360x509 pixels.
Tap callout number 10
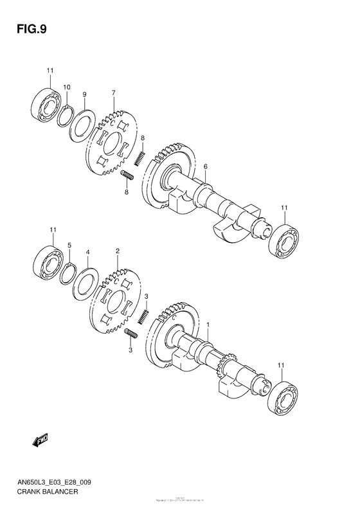66,87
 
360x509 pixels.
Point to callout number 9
84,95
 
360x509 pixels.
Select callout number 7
113,94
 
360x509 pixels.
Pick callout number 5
70,245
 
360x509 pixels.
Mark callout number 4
87,253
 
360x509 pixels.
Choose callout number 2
117,251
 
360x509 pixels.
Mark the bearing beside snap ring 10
46,102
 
